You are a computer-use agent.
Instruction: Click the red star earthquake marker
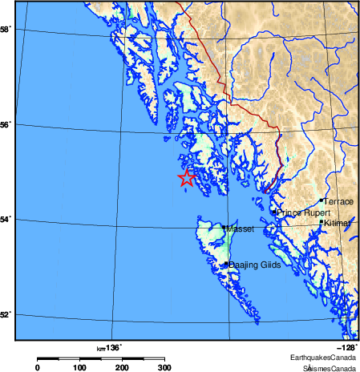[186, 178]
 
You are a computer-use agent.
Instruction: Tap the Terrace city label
[338, 202]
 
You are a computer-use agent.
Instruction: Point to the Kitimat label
[338, 224]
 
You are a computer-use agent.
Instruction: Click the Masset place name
[240, 229]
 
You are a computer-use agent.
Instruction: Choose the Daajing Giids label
[254, 265]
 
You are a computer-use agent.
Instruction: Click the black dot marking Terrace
[321, 200]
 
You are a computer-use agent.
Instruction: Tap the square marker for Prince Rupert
[274, 212]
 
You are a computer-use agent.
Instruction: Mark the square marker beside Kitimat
[322, 222]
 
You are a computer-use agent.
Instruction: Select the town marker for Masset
[224, 228]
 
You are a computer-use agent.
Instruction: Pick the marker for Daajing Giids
[226, 263]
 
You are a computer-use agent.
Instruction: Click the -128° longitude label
[346, 347]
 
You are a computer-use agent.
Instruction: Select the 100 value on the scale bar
[79, 367]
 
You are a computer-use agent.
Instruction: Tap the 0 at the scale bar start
[37, 367]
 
